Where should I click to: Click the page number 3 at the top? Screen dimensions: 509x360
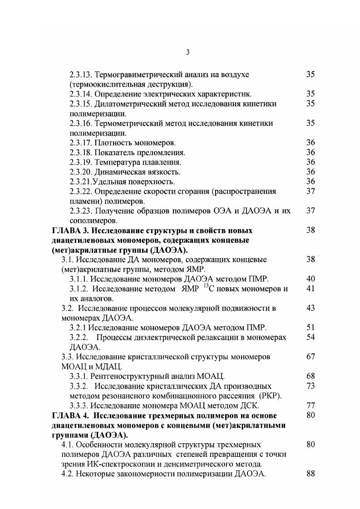click(x=187, y=53)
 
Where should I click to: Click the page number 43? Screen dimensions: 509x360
click(x=311, y=308)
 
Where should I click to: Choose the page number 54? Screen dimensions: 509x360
click(x=311, y=338)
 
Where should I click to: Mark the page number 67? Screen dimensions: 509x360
click(x=311, y=357)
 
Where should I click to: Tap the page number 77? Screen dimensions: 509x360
click(x=311, y=406)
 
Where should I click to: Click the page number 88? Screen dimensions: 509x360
click(x=311, y=474)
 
